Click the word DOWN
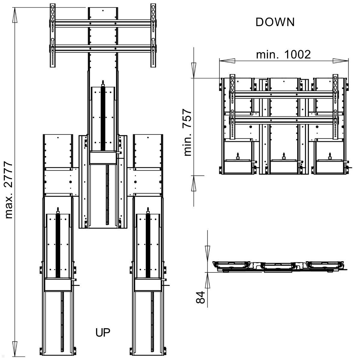tap(275, 22)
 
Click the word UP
tap(103, 332)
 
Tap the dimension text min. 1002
tap(283, 55)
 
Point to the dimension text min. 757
tap(187, 132)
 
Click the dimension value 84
tap(200, 297)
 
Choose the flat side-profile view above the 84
tap(279, 266)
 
